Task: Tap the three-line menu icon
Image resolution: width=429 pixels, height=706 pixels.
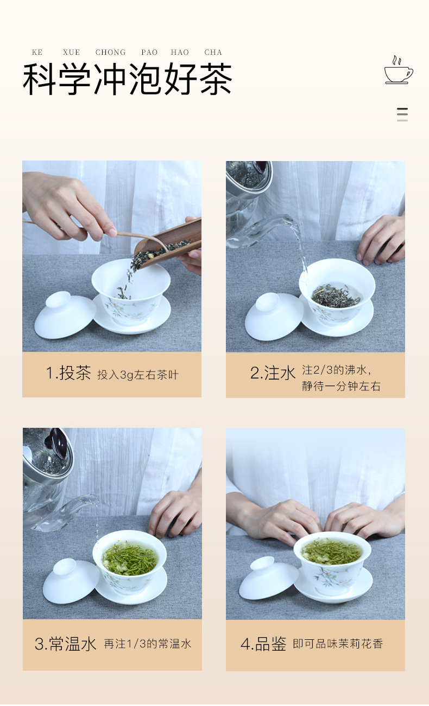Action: [x=402, y=114]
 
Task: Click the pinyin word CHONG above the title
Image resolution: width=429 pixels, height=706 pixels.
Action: [x=110, y=52]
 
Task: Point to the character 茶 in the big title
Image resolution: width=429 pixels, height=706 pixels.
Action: [x=216, y=79]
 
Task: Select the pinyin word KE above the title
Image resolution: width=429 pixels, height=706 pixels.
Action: [x=37, y=52]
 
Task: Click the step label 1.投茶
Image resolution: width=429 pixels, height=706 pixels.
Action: [x=68, y=373]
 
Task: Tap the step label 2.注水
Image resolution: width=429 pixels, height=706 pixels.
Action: [x=273, y=373]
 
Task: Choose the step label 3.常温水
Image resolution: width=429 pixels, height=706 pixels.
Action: [x=66, y=644]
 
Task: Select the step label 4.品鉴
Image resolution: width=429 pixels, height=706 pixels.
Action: [x=263, y=644]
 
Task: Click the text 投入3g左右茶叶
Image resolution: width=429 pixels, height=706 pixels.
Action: [x=138, y=375]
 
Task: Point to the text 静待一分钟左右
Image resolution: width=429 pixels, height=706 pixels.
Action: [x=341, y=386]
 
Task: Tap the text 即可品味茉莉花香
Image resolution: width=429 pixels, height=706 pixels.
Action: [x=338, y=644]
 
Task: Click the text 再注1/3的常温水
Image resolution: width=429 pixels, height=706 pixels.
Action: [x=148, y=644]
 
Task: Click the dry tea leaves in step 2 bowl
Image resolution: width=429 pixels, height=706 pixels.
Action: [x=336, y=296]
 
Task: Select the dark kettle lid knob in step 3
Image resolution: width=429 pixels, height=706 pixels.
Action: [x=58, y=442]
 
